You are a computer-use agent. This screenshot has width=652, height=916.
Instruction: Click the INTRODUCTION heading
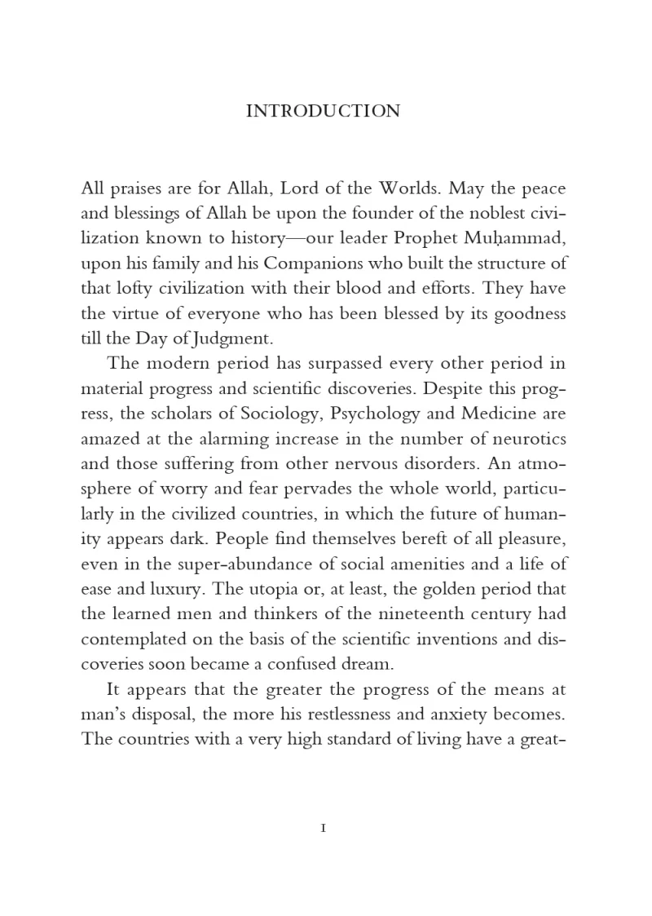click(323, 111)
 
